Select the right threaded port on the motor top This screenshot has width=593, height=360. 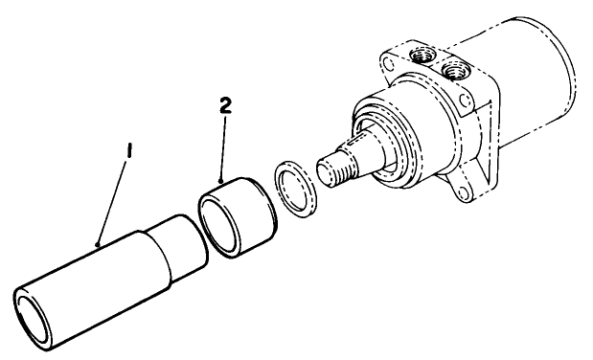click(454, 70)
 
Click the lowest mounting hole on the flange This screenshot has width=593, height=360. click(463, 194)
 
